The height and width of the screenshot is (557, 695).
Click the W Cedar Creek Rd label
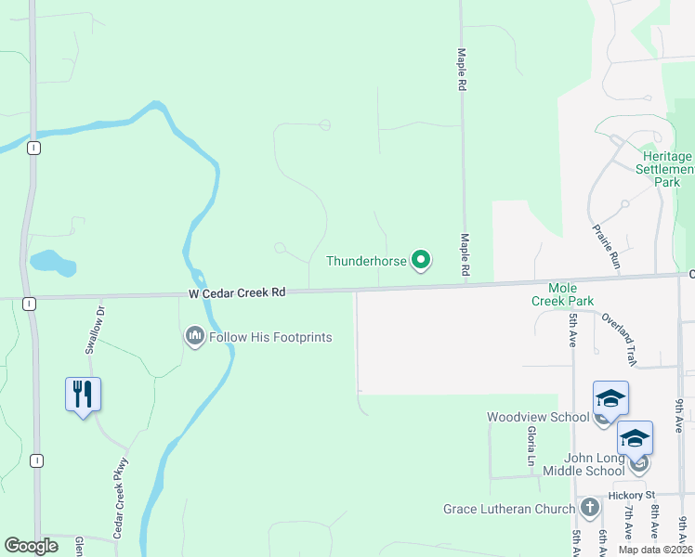coord(236,292)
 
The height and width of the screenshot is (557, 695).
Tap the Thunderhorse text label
coord(366,261)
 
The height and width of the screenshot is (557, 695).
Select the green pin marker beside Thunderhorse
coord(421,261)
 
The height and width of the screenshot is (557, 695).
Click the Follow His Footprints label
coord(270,337)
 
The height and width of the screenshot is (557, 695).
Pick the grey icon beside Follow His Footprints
coord(194,336)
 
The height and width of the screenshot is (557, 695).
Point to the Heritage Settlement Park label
coord(666,170)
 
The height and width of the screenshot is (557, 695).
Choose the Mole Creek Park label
coord(562,294)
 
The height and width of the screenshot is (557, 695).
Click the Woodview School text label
coord(538,417)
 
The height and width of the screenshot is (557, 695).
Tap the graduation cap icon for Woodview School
coord(610,398)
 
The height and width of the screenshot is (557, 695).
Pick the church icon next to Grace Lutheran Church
coord(589,508)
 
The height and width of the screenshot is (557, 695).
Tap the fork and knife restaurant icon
coord(83,394)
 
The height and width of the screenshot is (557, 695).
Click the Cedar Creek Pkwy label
coord(121,487)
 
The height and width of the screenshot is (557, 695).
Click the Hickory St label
coord(632,494)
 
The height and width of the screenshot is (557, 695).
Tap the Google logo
coord(31,546)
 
